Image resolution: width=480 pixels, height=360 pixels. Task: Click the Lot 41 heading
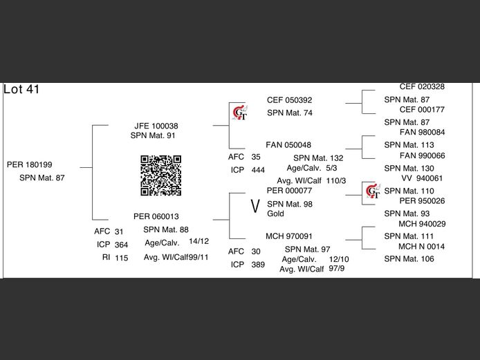tap(22, 89)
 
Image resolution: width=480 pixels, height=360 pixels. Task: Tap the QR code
tap(161, 176)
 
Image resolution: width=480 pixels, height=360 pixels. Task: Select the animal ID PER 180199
tap(30, 164)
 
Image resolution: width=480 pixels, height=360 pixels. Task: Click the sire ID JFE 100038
tap(156, 126)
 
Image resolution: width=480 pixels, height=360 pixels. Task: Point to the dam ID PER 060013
tap(156, 216)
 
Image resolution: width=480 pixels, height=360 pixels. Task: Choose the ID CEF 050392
tap(290, 100)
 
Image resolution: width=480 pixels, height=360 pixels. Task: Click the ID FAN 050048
tap(289, 145)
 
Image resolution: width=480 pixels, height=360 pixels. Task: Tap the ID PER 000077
tap(290, 190)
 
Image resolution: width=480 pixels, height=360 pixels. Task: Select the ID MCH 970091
tap(289, 236)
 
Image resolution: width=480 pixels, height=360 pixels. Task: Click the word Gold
tap(276, 214)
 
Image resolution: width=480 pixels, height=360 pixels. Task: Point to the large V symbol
tap(255, 205)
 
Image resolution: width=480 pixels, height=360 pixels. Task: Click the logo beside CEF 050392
tap(239, 112)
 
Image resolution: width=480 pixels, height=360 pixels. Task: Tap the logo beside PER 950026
tap(373, 191)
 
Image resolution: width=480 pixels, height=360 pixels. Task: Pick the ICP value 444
tap(258, 170)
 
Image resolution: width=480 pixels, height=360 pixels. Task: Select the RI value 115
tap(122, 258)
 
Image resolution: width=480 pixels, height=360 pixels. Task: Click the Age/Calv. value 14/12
tap(199, 241)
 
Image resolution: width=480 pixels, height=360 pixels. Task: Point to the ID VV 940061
tap(422, 178)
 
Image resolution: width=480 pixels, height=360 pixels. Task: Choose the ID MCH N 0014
tap(421, 247)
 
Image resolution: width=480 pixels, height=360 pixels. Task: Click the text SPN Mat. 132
tap(318, 158)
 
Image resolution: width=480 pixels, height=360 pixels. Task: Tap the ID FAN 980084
tap(423, 133)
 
